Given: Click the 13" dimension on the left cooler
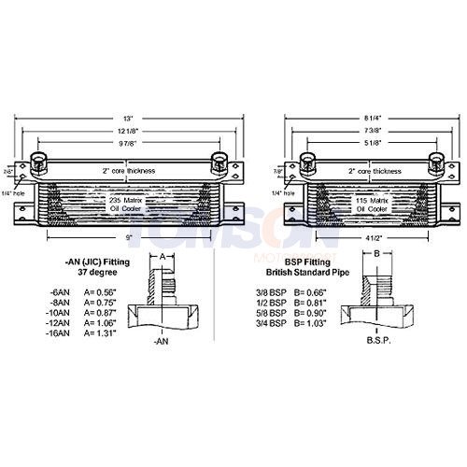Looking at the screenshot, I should coord(128,119).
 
